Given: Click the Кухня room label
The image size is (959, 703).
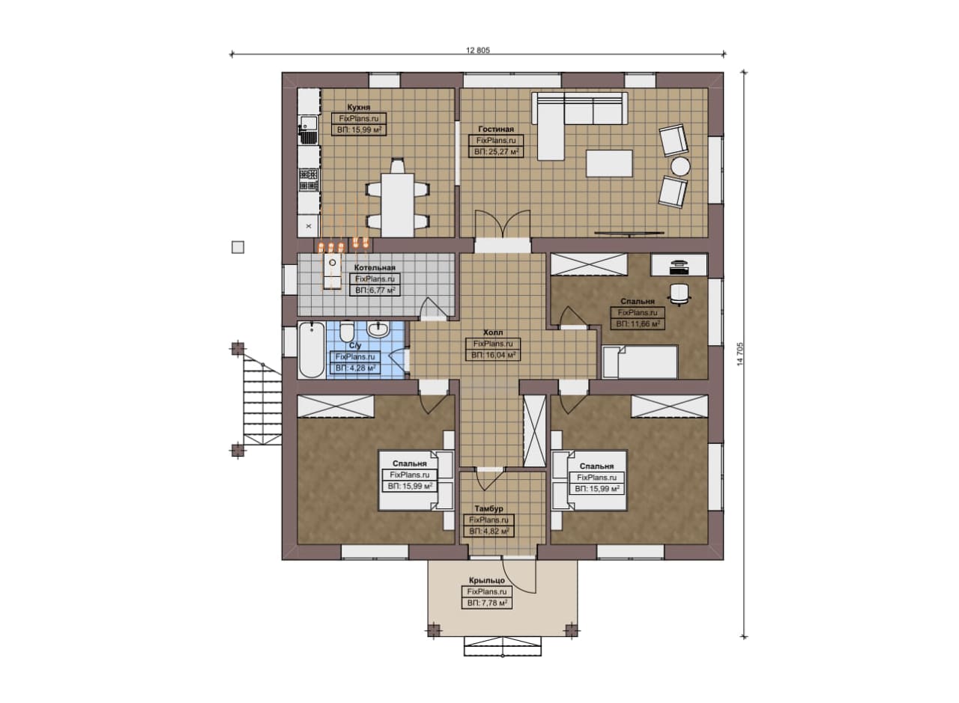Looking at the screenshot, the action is [x=359, y=107].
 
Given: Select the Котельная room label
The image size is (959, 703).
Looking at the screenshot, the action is [x=375, y=268].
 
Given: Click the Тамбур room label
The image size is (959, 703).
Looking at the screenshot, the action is [x=489, y=509].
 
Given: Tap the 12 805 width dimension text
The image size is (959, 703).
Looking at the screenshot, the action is [x=478, y=50].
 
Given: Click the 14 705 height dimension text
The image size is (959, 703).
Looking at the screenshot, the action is [x=740, y=354].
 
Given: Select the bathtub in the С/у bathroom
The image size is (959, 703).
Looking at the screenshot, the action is [x=311, y=350].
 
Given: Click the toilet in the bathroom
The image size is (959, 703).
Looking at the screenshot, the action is [x=347, y=331].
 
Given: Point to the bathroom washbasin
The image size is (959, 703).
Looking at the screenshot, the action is [x=378, y=329].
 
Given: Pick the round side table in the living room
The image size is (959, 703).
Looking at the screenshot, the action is [x=680, y=166].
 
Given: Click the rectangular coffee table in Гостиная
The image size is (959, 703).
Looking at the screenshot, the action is [x=609, y=163].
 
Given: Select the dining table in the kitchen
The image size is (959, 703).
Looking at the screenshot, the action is [x=398, y=205].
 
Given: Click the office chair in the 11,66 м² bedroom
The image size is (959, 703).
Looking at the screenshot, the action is [x=679, y=294].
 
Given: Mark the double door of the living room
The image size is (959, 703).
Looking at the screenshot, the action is [x=503, y=223].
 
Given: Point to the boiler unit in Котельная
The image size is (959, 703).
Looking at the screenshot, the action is [x=332, y=271].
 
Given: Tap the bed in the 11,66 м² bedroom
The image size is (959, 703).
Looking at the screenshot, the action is [x=640, y=362].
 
